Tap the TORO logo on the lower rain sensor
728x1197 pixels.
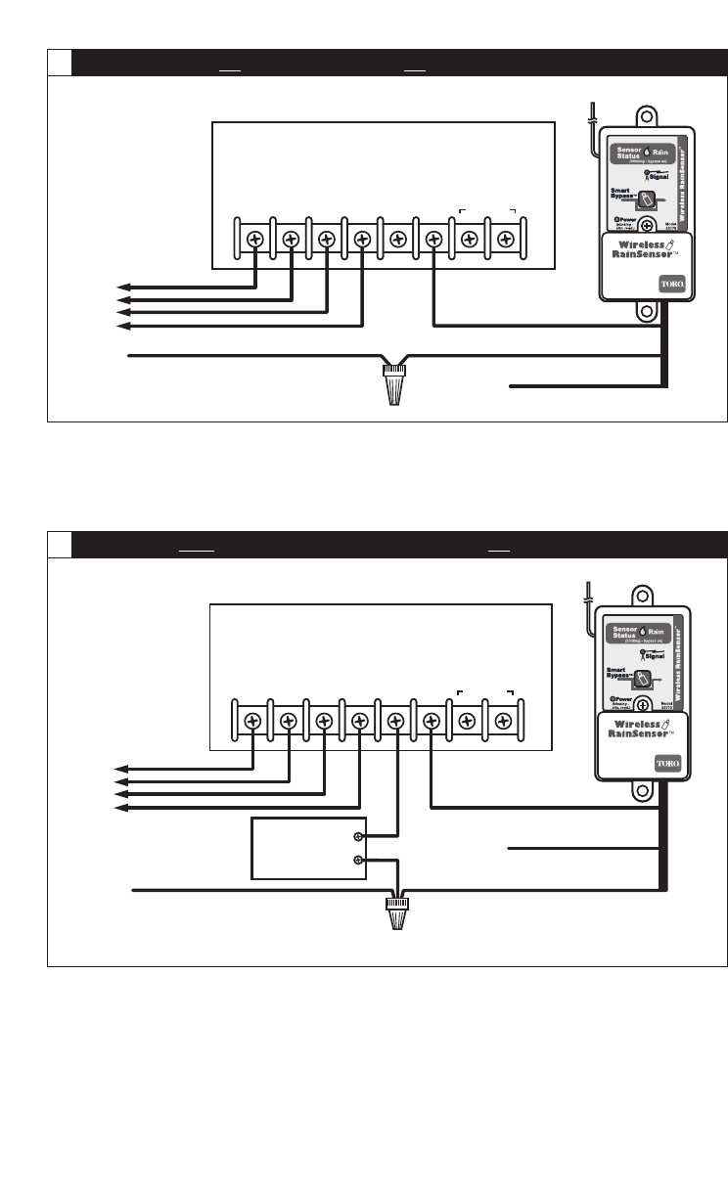[668, 763]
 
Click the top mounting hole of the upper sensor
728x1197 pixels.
[646, 116]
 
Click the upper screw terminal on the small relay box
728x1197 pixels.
[358, 836]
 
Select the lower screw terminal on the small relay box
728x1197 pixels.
[358, 861]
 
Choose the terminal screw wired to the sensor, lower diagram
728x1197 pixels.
[432, 722]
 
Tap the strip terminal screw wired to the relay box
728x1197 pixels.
[395, 722]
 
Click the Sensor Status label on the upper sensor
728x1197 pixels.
[626, 153]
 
